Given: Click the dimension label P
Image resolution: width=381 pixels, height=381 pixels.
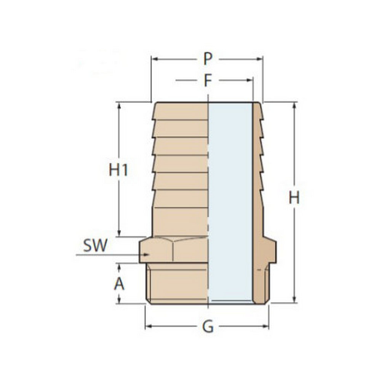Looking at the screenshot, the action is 208,59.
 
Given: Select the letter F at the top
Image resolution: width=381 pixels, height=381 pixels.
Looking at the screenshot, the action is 208,80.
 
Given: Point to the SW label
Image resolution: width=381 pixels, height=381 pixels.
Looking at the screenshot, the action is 95,245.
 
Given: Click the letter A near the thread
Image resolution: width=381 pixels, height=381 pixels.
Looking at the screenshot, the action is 119,284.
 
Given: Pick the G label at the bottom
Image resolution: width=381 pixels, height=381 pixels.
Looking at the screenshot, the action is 208,327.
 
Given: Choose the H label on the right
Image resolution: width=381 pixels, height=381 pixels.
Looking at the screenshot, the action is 294,198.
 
